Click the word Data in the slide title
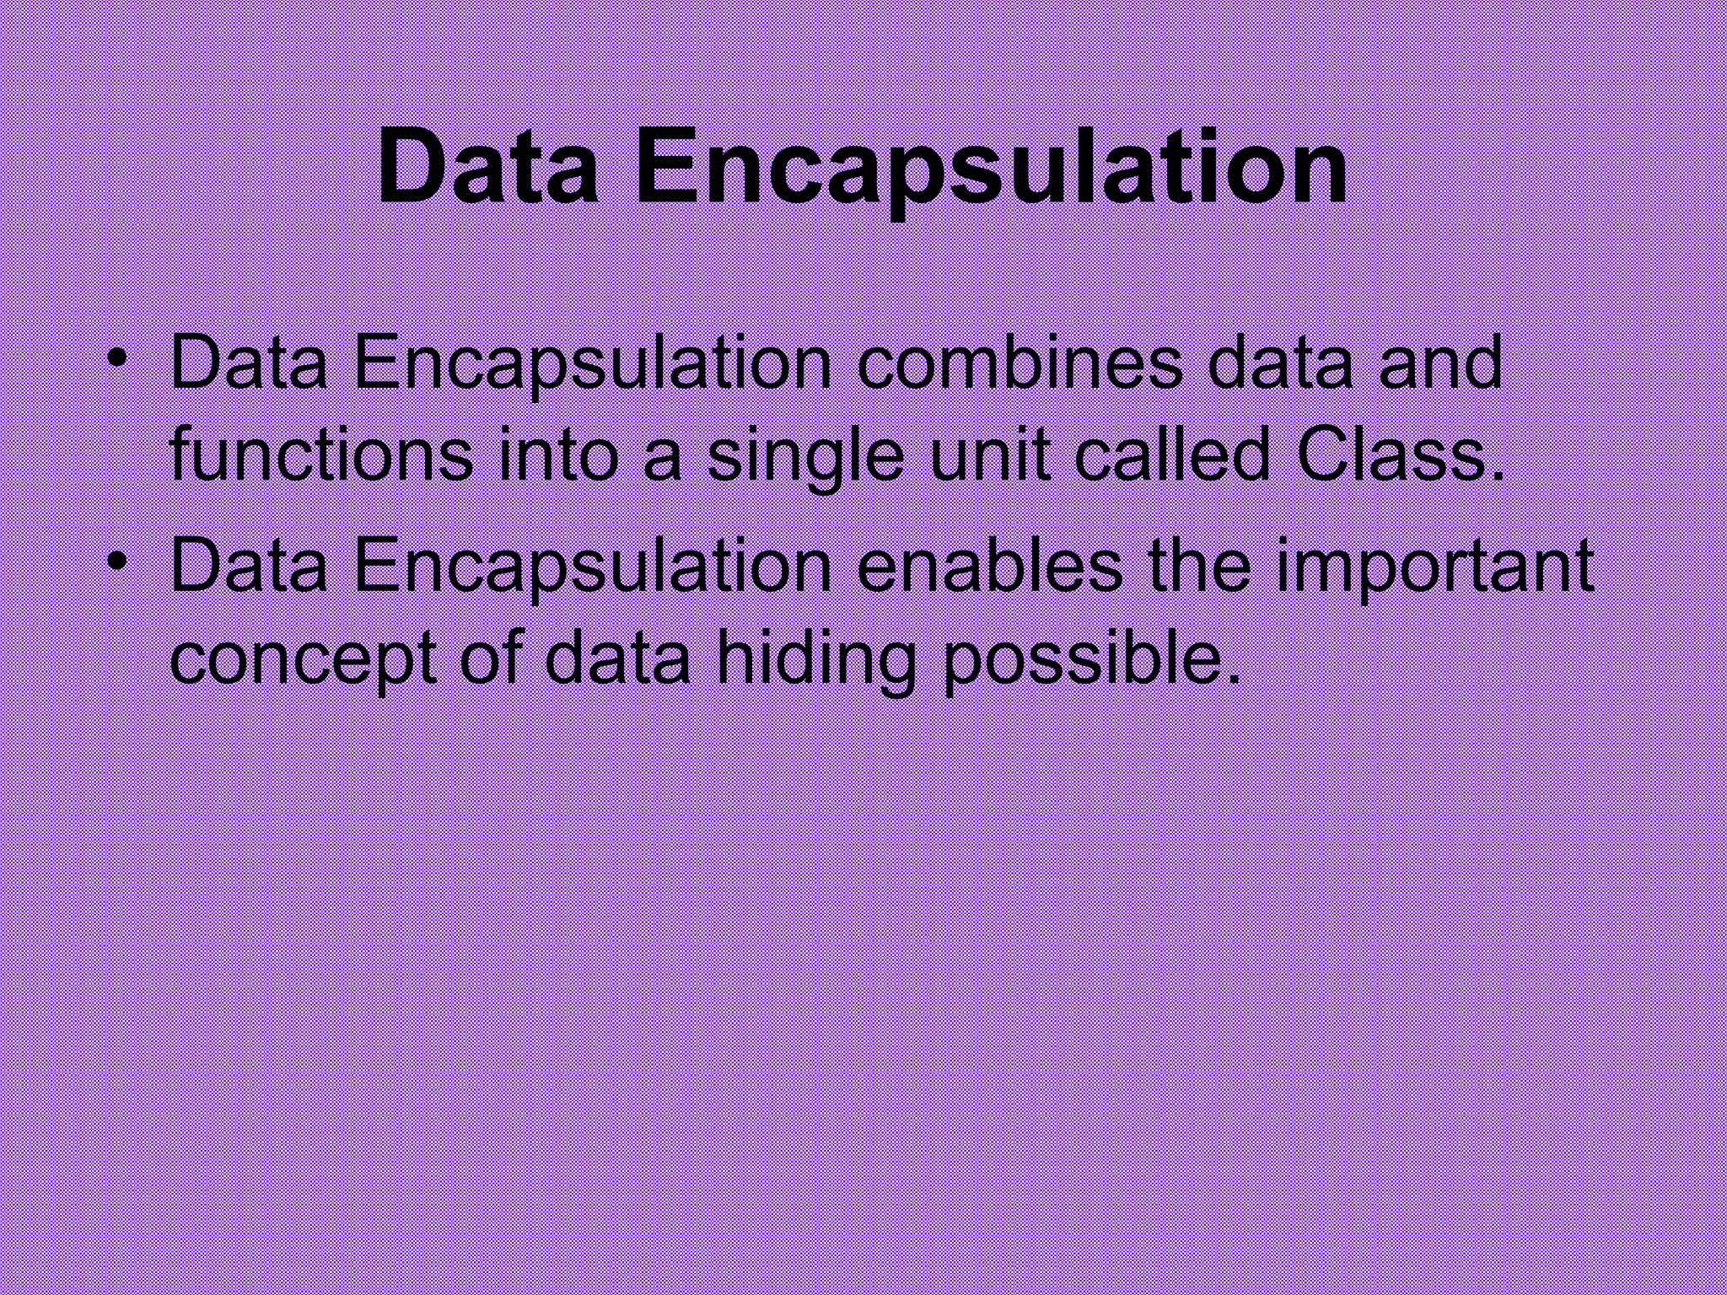(x=487, y=167)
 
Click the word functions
(x=321, y=454)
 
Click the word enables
(x=990, y=566)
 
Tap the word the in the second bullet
(x=1200, y=566)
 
